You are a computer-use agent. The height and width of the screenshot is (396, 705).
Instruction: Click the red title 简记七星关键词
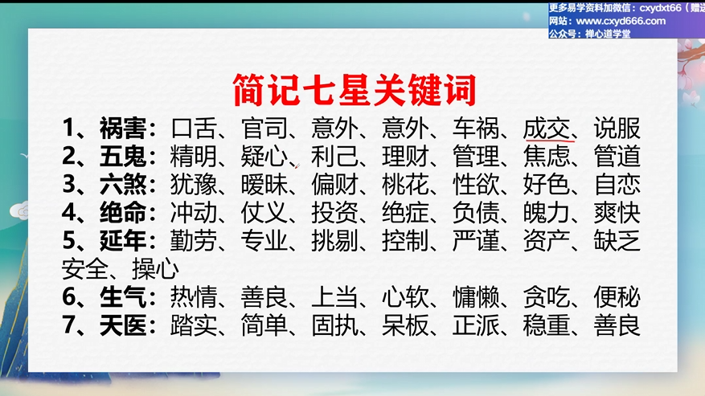[x=355, y=89]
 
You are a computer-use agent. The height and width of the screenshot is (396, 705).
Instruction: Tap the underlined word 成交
[x=547, y=129]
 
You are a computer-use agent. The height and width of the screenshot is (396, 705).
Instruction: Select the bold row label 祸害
[x=123, y=129]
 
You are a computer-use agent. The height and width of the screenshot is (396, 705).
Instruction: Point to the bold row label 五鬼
[x=123, y=157]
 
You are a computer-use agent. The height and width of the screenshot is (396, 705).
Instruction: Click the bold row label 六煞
[x=123, y=184]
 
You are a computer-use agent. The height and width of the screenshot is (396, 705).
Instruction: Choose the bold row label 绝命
[x=123, y=212]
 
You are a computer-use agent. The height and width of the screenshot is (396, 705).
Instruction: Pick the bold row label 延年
[x=123, y=240]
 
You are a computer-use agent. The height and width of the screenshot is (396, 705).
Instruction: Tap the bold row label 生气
[x=123, y=296]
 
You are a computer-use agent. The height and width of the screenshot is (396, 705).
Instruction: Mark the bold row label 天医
[x=123, y=325]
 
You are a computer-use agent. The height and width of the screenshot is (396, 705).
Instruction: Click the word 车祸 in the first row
[x=476, y=129]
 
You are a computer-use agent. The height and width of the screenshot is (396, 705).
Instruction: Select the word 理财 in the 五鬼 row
[x=405, y=157]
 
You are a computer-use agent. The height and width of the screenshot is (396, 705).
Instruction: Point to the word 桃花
[x=405, y=184]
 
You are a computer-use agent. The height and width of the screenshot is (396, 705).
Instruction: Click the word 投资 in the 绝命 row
[x=334, y=212]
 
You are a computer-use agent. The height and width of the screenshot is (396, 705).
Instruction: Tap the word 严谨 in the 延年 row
[x=476, y=240]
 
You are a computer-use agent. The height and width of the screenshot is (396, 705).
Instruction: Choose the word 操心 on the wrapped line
[x=155, y=269]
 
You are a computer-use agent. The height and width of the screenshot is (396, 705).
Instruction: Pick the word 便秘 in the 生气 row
[x=617, y=296]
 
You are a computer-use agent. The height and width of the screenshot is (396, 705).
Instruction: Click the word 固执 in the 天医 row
[x=334, y=325]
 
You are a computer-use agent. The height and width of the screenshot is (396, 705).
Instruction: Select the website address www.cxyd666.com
[x=621, y=21]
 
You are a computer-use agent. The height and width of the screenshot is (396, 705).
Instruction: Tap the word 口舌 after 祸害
[x=194, y=129]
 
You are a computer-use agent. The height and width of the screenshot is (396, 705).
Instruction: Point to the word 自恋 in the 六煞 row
[x=617, y=184]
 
